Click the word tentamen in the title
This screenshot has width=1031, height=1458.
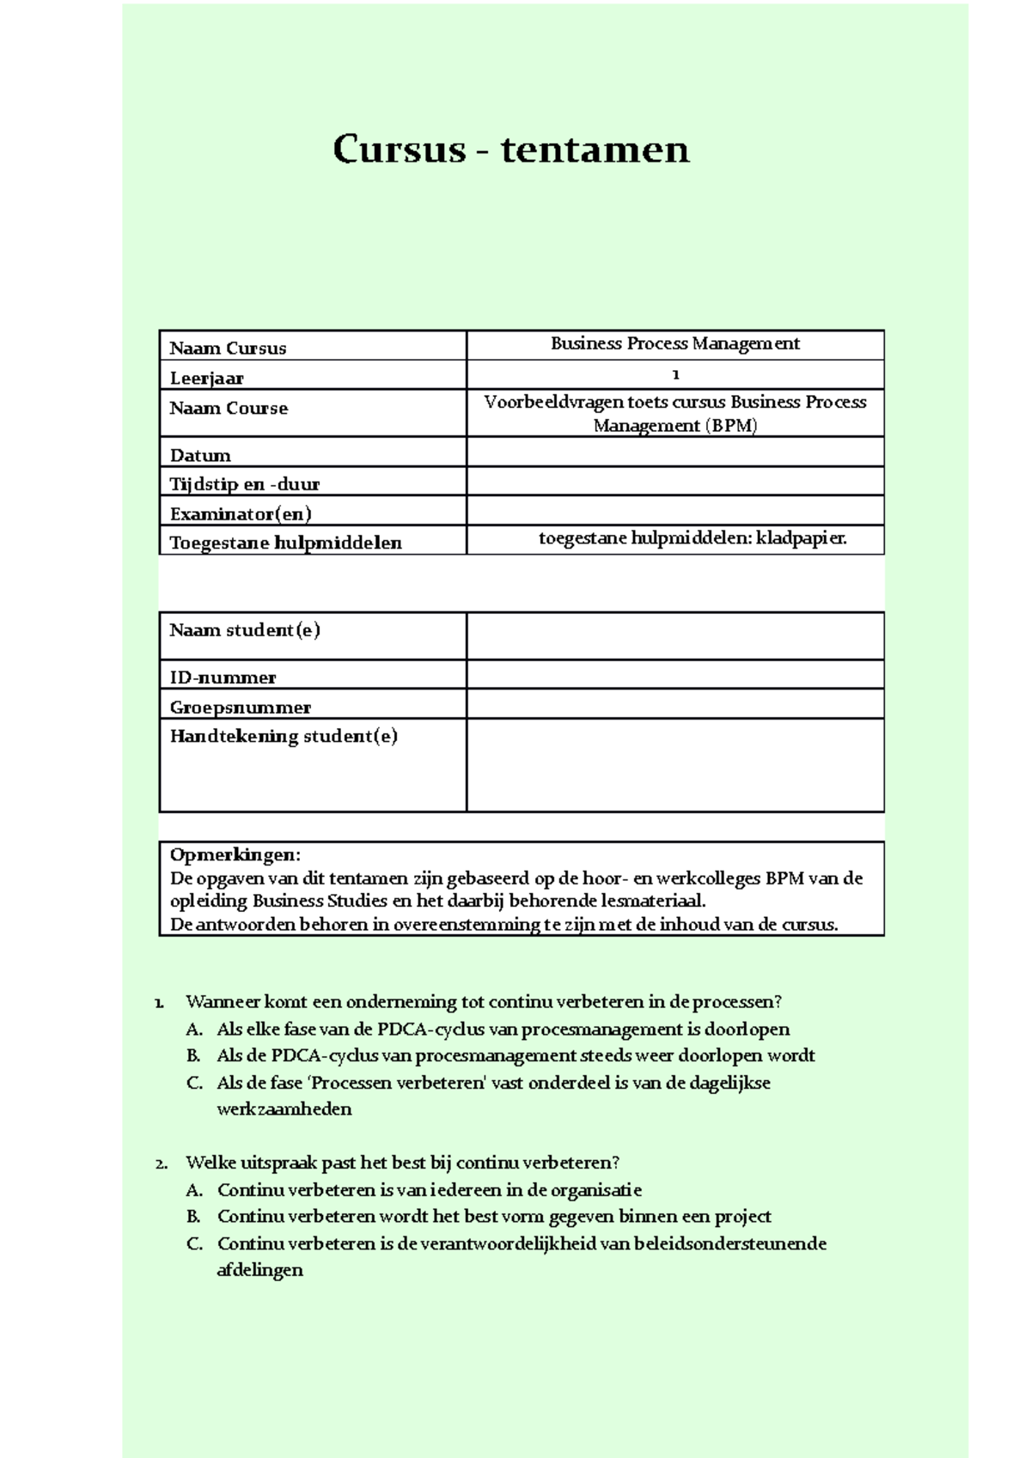[595, 149]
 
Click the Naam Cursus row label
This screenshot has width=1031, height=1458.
[228, 348]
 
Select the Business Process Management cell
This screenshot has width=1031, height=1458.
[674, 343]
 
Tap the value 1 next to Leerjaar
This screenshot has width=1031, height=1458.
[675, 374]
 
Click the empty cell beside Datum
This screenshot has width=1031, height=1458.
[674, 452]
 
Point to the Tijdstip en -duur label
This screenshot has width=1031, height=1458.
[244, 483]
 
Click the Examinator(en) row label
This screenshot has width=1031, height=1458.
[241, 513]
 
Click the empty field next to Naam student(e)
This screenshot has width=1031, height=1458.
[674, 635]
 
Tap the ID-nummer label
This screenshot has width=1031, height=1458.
[223, 677]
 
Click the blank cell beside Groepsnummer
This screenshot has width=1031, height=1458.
[674, 704]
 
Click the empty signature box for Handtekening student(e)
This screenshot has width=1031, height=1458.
[674, 764]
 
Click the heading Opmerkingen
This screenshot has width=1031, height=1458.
[235, 854]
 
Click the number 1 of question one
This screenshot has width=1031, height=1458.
[159, 1002]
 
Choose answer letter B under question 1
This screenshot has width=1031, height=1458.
[193, 1055]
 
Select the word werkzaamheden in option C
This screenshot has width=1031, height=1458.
[284, 1109]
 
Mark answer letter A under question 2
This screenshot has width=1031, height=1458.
[193, 1190]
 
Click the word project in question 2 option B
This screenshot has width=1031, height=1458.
[742, 1216]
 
